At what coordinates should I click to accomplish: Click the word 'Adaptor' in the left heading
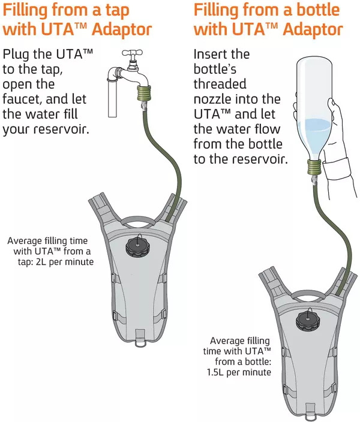(118, 29)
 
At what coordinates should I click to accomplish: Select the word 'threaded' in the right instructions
(220, 84)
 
